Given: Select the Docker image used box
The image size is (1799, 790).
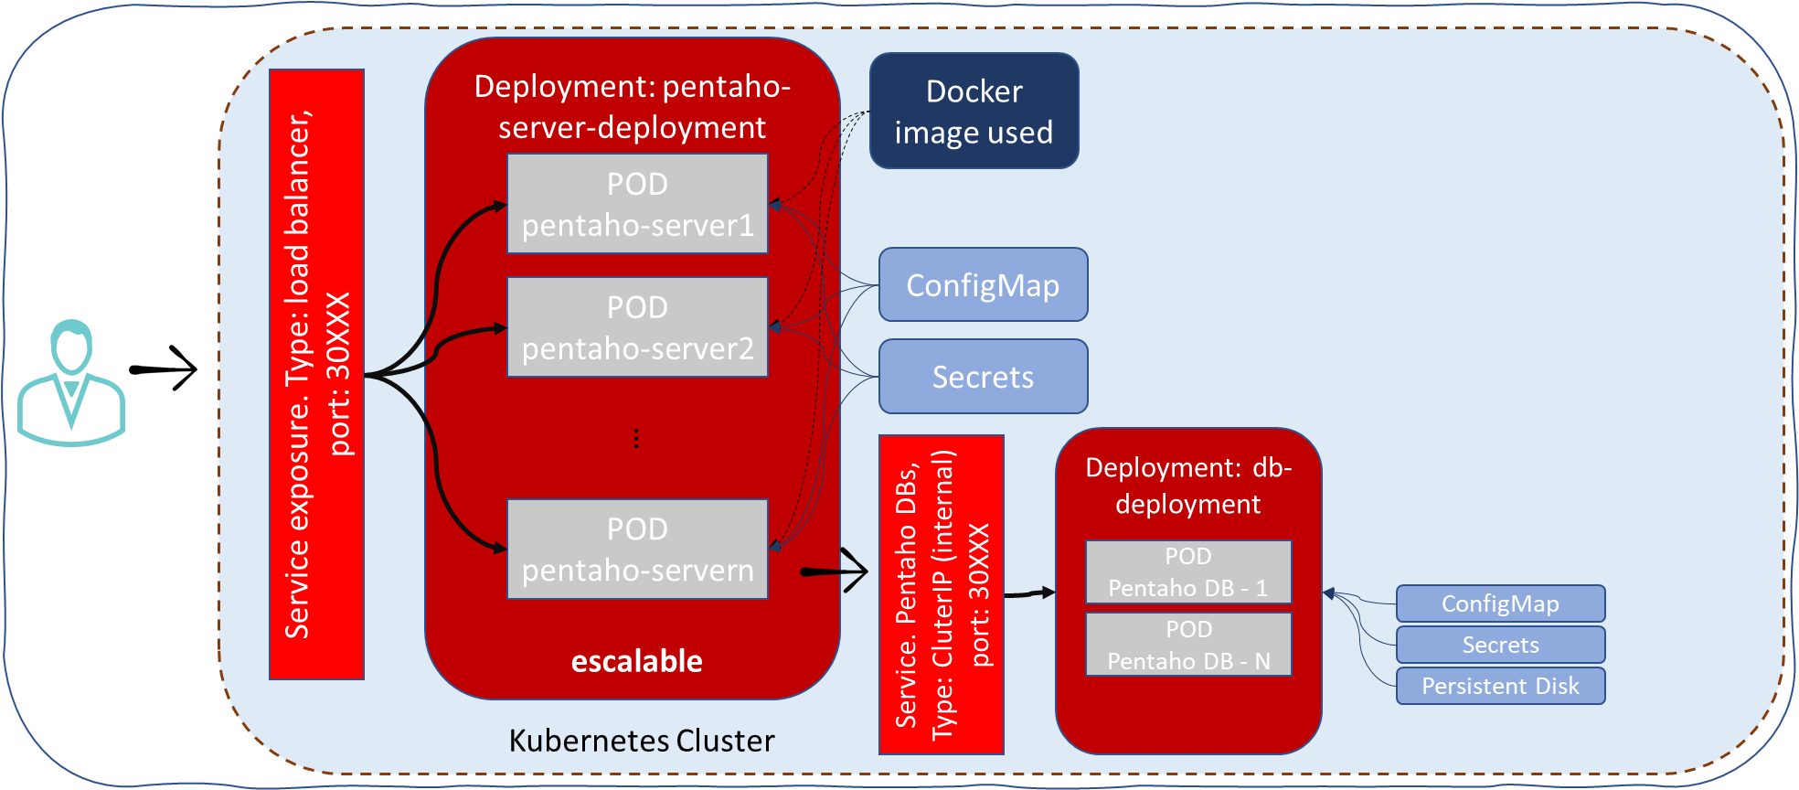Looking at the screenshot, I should pyautogui.click(x=974, y=112).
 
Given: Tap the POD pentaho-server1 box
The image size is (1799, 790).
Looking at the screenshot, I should pyautogui.click(x=637, y=204).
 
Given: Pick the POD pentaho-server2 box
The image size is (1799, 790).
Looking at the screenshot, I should pyautogui.click(x=637, y=327).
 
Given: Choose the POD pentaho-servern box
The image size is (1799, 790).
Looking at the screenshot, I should pyautogui.click(x=637, y=550).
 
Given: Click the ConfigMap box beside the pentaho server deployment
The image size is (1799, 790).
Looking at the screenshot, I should pyautogui.click(x=983, y=285).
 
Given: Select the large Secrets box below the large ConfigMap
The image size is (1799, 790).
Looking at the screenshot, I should pyautogui.click(x=983, y=377).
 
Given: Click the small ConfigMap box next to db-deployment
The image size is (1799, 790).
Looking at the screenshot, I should pyautogui.click(x=1500, y=603).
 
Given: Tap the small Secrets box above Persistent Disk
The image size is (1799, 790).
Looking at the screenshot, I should pyautogui.click(x=1500, y=645).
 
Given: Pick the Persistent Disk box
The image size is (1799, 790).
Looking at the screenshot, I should pyautogui.click(x=1500, y=686).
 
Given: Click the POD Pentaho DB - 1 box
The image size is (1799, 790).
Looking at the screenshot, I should pyautogui.click(x=1188, y=572).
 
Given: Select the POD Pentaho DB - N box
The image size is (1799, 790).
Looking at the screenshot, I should pyautogui.click(x=1188, y=645).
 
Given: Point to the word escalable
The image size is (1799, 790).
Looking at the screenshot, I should pyautogui.click(x=637, y=661).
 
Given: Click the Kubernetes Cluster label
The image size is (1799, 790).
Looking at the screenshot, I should pyautogui.click(x=641, y=740).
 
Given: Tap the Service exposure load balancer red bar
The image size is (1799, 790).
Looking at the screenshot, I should pyautogui.click(x=316, y=375).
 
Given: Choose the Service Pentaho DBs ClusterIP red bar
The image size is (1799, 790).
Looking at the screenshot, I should pyautogui.click(x=942, y=594).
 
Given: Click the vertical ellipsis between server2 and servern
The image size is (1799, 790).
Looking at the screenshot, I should pyautogui.click(x=636, y=439).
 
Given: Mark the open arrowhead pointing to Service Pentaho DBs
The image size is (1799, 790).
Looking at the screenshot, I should pyautogui.click(x=856, y=571).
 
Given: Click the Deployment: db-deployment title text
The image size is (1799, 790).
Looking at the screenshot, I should pyautogui.click(x=1188, y=486).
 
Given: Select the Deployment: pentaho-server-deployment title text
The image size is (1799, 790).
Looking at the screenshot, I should pyautogui.click(x=632, y=106).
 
